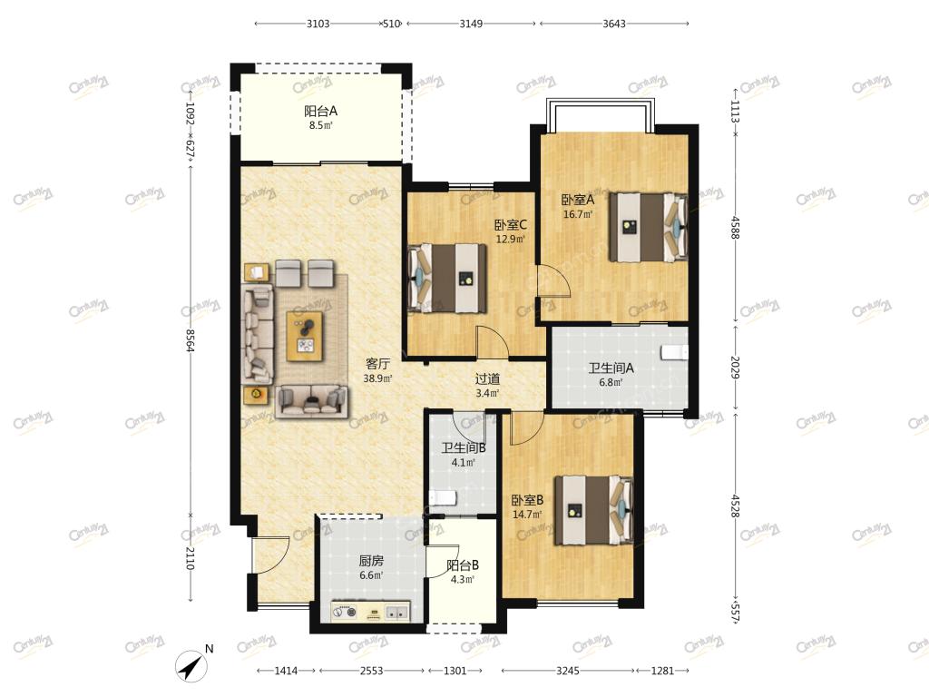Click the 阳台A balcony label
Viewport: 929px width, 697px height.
click(x=320, y=111)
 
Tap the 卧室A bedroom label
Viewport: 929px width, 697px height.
click(x=578, y=201)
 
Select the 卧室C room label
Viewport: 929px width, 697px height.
click(x=511, y=225)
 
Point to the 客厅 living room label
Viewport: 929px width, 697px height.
click(x=377, y=364)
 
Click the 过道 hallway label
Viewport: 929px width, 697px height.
click(x=487, y=378)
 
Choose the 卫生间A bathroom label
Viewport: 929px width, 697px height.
click(x=611, y=368)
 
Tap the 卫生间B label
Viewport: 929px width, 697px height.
click(x=464, y=448)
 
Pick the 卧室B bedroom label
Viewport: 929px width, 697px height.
click(x=527, y=500)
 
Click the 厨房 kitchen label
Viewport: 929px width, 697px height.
click(x=371, y=561)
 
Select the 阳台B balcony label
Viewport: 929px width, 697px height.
click(x=463, y=565)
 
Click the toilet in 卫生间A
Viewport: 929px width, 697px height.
click(x=674, y=353)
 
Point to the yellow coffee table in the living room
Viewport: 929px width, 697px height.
click(x=305, y=336)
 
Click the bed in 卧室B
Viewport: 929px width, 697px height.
click(x=593, y=510)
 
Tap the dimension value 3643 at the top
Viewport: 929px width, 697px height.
click(x=614, y=24)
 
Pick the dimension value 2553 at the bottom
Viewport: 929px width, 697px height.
click(x=371, y=671)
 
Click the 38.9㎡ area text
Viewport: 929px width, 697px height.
click(x=377, y=378)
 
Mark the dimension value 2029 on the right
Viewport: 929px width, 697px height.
click(x=735, y=368)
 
